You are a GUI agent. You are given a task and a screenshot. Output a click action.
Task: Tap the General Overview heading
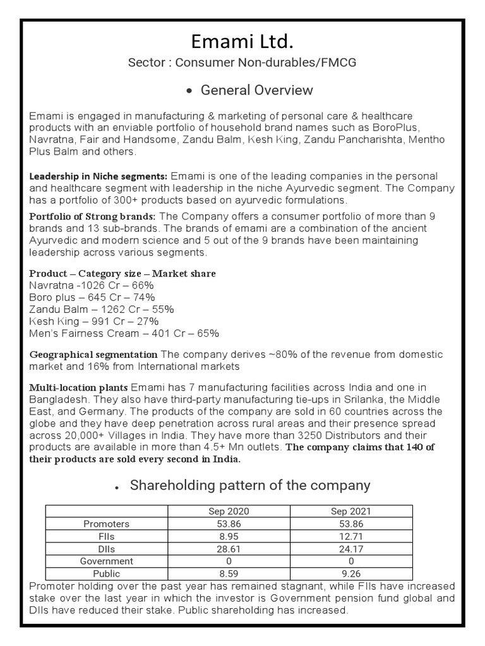point(256,90)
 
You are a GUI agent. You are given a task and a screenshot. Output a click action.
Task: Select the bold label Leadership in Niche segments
point(99,176)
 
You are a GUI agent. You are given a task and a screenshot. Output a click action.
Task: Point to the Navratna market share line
point(92,285)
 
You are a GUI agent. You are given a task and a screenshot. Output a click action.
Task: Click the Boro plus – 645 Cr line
point(92,297)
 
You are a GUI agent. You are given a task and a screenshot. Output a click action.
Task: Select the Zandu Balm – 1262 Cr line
point(101,309)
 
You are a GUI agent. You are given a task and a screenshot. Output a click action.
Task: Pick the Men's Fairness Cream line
point(124,333)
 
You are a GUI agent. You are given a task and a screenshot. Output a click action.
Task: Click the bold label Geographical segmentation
point(93,355)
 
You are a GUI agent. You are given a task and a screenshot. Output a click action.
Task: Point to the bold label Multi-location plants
point(79,387)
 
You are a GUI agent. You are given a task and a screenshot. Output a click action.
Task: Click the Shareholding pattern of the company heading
point(249,486)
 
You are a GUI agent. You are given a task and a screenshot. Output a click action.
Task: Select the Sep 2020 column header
point(229,512)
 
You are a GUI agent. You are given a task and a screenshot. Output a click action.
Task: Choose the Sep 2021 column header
point(351,512)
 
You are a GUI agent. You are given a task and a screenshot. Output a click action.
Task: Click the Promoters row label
point(106,524)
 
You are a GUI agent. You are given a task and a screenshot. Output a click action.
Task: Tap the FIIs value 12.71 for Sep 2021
point(351,536)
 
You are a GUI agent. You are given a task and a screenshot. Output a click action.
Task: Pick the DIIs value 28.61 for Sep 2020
point(229,549)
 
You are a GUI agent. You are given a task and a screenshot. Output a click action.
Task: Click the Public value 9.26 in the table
point(351,574)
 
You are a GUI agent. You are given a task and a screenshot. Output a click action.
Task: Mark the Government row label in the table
point(106,561)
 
